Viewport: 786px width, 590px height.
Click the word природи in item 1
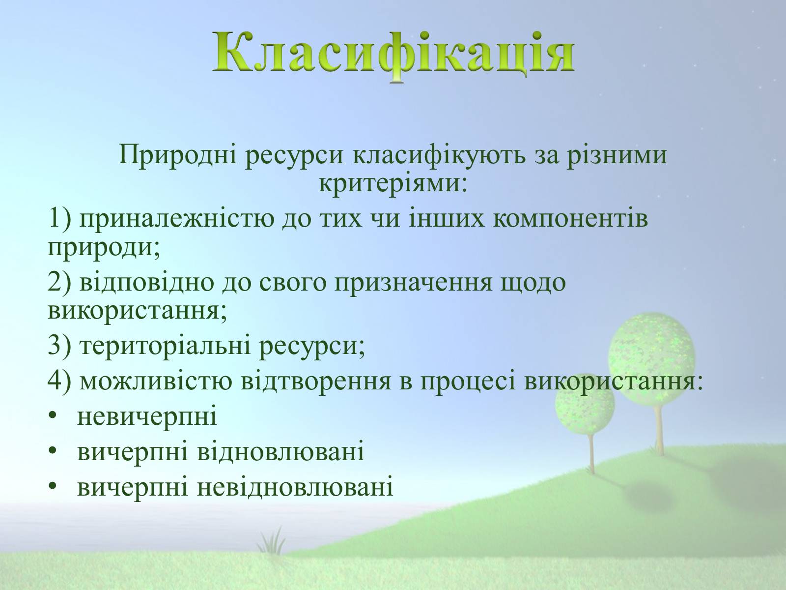(x=104, y=248)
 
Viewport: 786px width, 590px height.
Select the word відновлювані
(x=281, y=452)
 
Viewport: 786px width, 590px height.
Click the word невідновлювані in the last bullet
(x=295, y=487)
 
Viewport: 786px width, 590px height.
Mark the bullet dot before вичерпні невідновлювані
(x=53, y=486)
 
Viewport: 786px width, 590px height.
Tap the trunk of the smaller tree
(x=591, y=453)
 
